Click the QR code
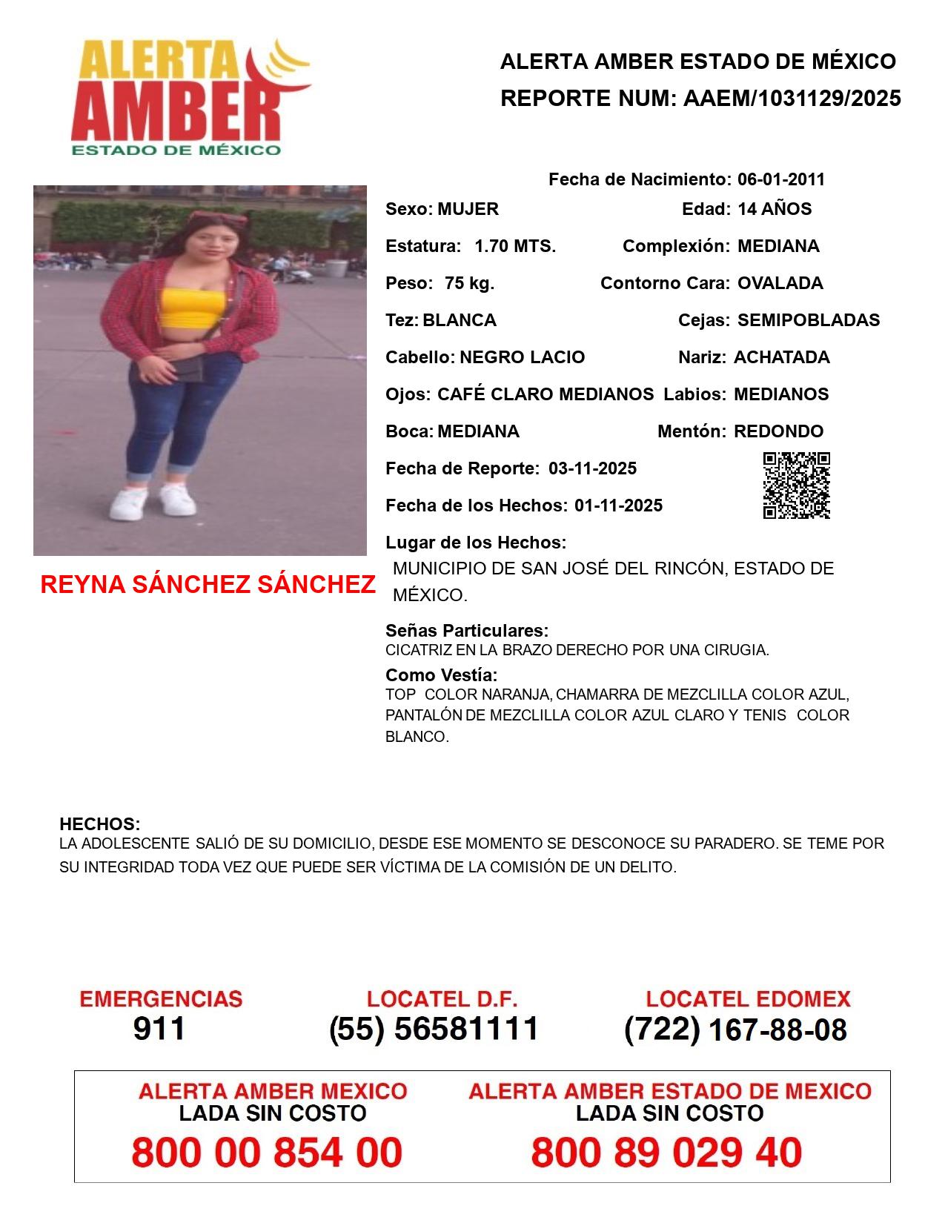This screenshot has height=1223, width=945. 797,485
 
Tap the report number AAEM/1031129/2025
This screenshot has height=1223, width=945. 792,99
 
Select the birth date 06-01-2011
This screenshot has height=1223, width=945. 780,179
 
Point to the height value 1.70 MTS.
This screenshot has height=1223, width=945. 515,246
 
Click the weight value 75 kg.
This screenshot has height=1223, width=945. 469,283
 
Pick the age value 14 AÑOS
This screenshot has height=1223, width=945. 775,209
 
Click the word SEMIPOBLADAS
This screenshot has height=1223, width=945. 809,320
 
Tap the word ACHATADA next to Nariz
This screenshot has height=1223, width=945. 781,357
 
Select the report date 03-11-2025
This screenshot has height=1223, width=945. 592,468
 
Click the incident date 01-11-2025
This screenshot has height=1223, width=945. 618,506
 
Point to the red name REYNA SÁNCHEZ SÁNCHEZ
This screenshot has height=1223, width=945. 208,585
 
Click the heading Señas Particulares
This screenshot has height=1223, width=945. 467,631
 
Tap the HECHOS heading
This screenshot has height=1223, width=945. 99,824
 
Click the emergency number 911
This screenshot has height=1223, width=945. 159,1029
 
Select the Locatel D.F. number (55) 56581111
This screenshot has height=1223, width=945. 434,1029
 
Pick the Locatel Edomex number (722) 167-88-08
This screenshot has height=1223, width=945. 735,1030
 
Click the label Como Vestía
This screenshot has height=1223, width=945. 441,675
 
